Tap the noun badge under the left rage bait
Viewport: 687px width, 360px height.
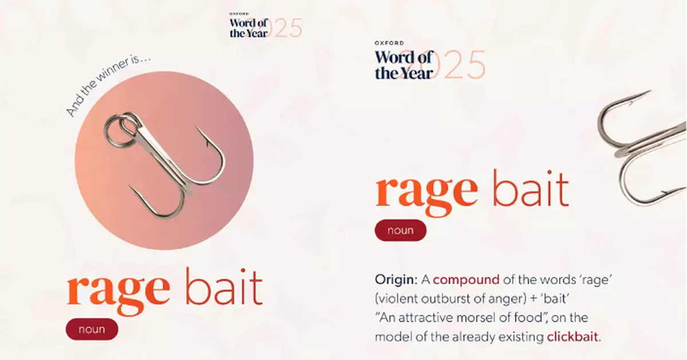(x=92, y=329)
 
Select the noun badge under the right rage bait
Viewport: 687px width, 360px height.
(x=401, y=230)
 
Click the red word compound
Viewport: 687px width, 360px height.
(x=466, y=280)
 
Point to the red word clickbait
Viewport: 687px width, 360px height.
(x=572, y=337)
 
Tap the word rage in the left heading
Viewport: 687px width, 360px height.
(x=119, y=290)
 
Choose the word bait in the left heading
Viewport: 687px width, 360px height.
(x=224, y=287)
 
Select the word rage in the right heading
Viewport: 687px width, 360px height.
(x=427, y=191)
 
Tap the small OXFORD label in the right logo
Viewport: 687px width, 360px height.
(x=389, y=43)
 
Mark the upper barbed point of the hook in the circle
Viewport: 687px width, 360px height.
(x=196, y=126)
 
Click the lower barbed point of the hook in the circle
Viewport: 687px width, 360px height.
(x=129, y=185)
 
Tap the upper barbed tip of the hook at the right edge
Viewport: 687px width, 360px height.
(x=650, y=91)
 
